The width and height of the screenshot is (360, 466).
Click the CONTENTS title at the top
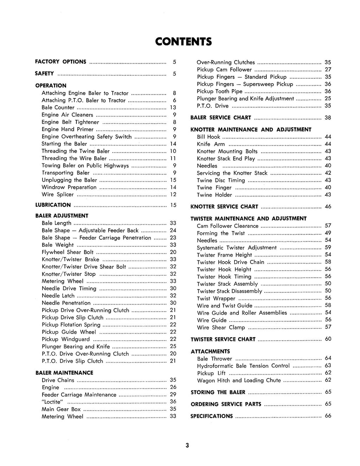(x=184, y=42)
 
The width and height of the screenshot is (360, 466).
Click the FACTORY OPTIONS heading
(x=60, y=62)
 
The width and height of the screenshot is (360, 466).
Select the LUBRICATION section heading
(x=53, y=205)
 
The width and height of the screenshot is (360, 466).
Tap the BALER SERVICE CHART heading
(x=221, y=118)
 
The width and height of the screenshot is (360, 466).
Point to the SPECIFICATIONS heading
(x=212, y=416)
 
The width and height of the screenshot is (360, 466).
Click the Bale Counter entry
(x=58, y=108)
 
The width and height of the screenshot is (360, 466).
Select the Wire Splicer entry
(x=58, y=194)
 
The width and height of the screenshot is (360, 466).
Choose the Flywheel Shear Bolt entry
(x=67, y=252)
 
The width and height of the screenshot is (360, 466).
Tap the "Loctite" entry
(x=52, y=402)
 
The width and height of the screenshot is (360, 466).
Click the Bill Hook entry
(x=208, y=137)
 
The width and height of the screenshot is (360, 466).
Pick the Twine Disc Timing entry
(x=221, y=180)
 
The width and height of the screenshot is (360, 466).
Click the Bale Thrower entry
(x=214, y=359)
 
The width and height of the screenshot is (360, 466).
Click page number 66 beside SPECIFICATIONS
(x=328, y=416)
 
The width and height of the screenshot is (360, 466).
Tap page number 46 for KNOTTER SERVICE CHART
(x=328, y=207)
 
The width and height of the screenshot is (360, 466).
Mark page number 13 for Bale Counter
(x=173, y=108)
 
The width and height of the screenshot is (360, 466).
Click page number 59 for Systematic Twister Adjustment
(x=328, y=247)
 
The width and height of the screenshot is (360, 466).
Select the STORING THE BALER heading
(x=218, y=392)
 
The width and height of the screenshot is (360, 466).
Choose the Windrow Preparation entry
(x=69, y=187)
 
